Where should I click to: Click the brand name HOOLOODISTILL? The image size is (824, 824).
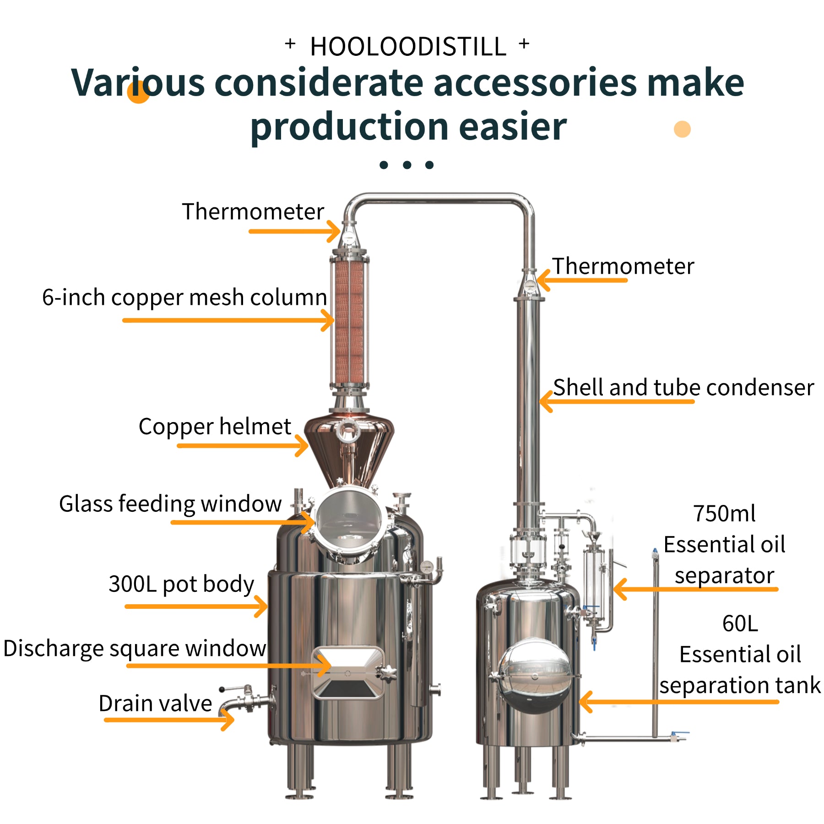408,47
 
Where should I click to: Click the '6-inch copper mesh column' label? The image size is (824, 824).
184,298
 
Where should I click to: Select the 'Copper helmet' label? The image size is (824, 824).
215,427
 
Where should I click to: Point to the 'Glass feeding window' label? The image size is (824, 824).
170,504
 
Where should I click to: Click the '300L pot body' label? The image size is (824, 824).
181,584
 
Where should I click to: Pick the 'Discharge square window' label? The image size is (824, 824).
135,649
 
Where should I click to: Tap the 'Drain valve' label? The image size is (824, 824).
155,704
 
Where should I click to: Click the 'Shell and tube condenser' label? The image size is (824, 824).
683,388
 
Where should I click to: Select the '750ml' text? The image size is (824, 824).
724,514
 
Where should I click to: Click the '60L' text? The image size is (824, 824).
740,623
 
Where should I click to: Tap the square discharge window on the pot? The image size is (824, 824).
348,672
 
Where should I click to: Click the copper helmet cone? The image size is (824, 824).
349,449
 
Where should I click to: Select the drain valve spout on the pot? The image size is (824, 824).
238,703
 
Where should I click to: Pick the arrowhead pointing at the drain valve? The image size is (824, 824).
228,720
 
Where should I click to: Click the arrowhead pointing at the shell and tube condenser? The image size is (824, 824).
545,401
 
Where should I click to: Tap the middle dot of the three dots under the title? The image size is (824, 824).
407,165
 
